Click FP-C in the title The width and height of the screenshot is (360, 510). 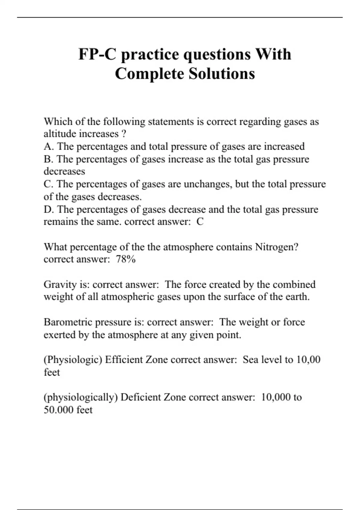(97, 54)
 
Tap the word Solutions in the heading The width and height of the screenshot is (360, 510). (222, 74)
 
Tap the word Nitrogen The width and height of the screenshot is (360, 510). (276, 247)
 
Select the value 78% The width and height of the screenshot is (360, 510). (126, 259)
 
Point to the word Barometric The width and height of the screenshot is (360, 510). (68, 322)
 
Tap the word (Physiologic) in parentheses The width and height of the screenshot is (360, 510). (73, 360)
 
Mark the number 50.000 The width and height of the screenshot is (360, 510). (58, 410)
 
